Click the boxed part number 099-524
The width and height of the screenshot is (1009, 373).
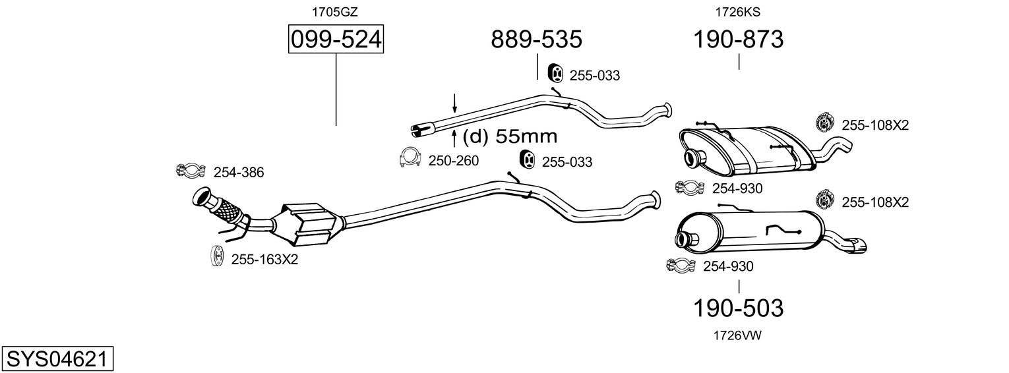point(336,39)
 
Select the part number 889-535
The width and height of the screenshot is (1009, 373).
point(536,39)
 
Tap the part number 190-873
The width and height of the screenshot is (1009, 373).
point(738,39)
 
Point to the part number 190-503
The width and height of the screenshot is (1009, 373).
point(738,308)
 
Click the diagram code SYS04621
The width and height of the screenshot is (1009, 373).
point(57,359)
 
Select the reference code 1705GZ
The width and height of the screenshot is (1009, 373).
point(335,12)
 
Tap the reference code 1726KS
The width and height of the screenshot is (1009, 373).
point(738,12)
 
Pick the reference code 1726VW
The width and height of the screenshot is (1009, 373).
point(737,335)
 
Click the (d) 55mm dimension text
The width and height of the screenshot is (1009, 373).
point(510,136)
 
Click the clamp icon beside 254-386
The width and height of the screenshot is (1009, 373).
point(191,171)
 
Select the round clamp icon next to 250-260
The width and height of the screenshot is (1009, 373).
point(410,158)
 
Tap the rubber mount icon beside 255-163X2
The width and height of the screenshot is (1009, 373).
point(218,256)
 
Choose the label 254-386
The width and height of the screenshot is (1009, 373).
point(239,172)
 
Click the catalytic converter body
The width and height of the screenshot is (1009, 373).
point(309,225)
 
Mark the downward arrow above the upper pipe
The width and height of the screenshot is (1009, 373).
point(454,103)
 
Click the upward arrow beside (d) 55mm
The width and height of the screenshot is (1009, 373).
point(454,138)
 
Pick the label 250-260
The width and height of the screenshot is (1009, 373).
point(454,161)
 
